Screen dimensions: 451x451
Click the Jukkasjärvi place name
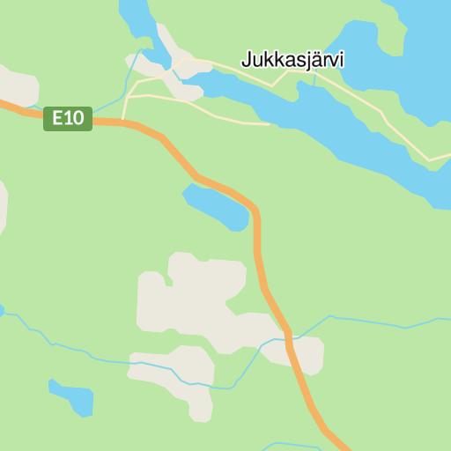(x=292, y=61)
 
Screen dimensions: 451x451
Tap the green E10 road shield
(x=68, y=118)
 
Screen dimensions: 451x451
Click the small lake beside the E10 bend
(x=216, y=206)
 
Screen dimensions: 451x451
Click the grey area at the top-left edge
(x=18, y=85)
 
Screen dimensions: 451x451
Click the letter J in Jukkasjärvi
(x=247, y=61)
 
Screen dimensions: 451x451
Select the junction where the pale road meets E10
(x=123, y=122)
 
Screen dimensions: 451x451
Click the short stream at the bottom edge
(x=282, y=445)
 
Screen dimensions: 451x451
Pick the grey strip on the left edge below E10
(x=3, y=207)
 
